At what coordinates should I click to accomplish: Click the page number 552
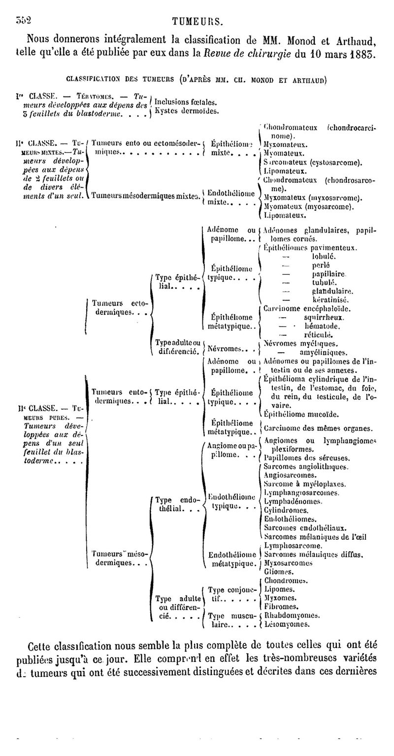pos(23,20)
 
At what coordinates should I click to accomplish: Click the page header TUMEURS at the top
pos(197,21)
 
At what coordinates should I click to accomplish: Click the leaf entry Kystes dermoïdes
pos(187,111)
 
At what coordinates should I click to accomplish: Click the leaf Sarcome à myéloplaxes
pos(304,484)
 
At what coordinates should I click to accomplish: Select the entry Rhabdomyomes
pos(293,615)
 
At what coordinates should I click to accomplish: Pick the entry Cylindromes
pos(286,510)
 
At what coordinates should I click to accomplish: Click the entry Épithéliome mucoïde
pos(301,414)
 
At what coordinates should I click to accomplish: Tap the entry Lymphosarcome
pos(293,546)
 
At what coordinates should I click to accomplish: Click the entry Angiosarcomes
pos(290,475)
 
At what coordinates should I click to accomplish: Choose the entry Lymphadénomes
pos(293,501)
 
